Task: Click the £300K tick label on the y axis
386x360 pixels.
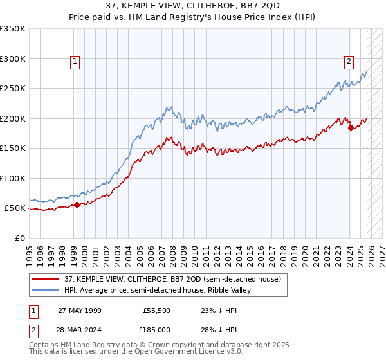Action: coord(13,59)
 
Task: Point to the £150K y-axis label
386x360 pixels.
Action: coord(13,148)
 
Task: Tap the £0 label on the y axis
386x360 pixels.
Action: coord(19,238)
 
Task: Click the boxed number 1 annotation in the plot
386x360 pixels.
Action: coord(75,62)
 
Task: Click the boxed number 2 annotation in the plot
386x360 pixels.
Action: coord(349,62)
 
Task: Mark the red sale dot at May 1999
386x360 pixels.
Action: coord(77,205)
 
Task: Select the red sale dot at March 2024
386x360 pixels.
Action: coord(351,127)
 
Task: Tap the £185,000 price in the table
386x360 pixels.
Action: coord(157,329)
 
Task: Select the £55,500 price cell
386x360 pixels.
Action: coord(157,310)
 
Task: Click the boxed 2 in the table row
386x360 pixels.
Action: coord(33,329)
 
